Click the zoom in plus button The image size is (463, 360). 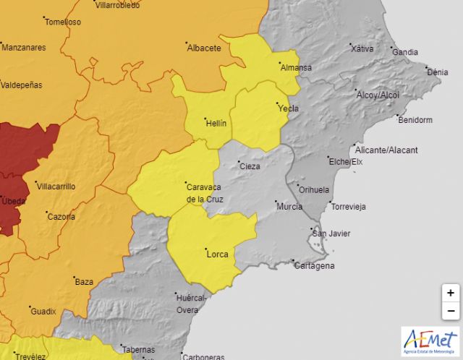tap(450, 293)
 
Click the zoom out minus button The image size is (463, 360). tap(450, 311)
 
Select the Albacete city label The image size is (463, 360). tap(203, 48)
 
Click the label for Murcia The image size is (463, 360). tap(289, 207)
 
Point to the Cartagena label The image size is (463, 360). tap(315, 266)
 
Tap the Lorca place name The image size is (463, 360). tap(217, 254)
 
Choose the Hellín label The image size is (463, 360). tap(216, 123)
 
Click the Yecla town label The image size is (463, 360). tap(287, 108)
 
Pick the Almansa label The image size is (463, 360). tap(295, 67)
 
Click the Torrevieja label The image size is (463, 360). tap(348, 207)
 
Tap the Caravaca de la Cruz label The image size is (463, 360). tap(205, 192)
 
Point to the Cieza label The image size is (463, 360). tap(249, 166)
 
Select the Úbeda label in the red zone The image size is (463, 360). tap(13, 200)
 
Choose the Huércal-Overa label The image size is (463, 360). tap(192, 304)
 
